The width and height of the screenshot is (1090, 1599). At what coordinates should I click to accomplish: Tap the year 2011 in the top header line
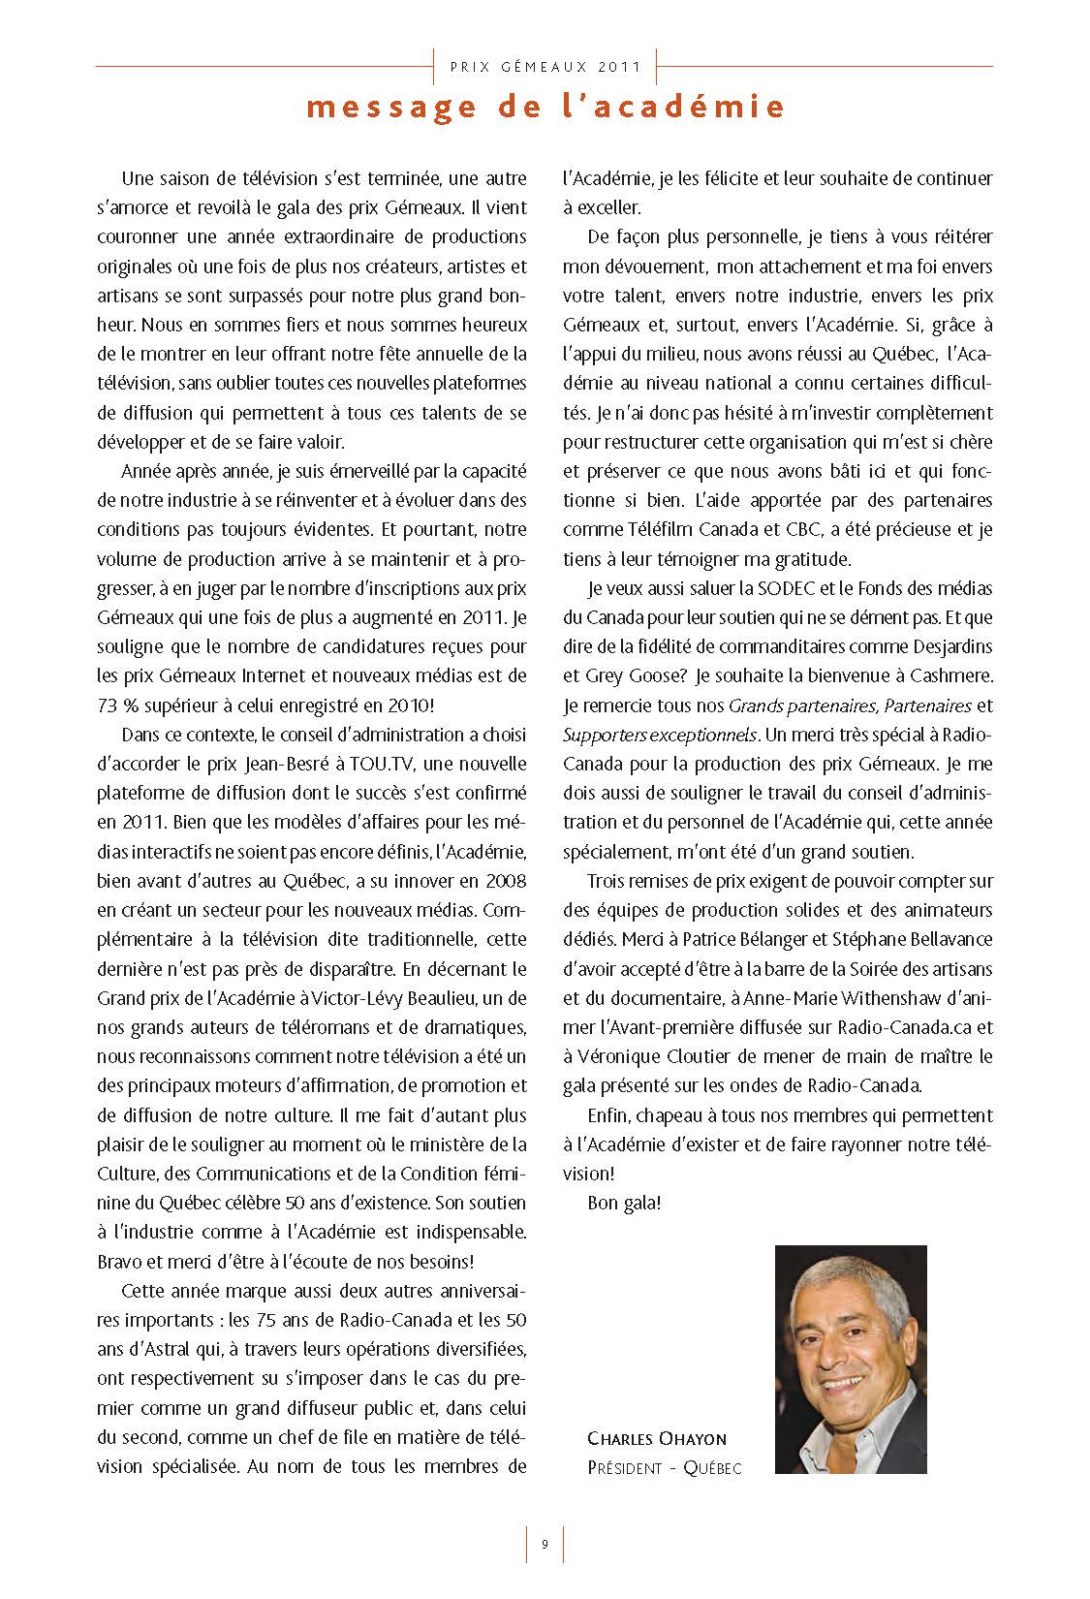(x=621, y=67)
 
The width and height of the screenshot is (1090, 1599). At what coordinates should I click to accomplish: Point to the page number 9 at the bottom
(x=545, y=1544)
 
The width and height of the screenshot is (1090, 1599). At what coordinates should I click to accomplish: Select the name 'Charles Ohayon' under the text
(x=656, y=1439)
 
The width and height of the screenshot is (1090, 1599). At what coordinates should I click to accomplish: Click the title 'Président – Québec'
(x=664, y=1468)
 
